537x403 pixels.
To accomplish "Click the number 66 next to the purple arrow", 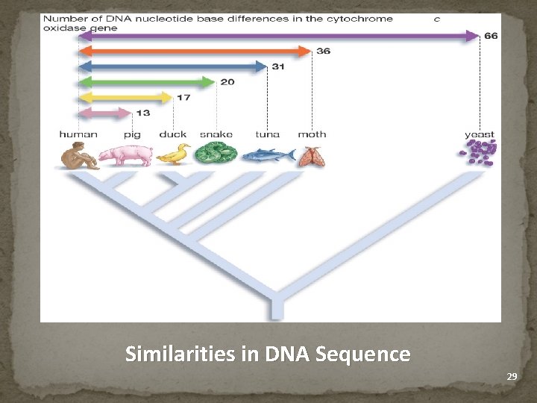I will pyautogui.click(x=491, y=35).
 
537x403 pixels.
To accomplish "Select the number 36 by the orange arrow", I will pyautogui.click(x=323, y=51).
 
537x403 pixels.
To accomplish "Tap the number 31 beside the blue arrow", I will pyautogui.click(x=278, y=66).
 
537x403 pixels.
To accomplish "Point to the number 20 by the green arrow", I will pyautogui.click(x=227, y=81).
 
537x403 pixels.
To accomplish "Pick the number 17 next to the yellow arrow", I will pyautogui.click(x=183, y=97).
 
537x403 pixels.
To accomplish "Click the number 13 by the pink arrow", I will pyautogui.click(x=142, y=113).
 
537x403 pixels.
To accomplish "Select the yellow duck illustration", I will pyautogui.click(x=174, y=154).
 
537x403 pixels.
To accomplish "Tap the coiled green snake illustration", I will pyautogui.click(x=216, y=154).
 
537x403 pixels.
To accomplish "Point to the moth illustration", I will pyautogui.click(x=311, y=155).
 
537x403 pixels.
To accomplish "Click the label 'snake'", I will pyautogui.click(x=216, y=134).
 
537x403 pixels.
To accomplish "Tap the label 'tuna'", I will pyautogui.click(x=267, y=134).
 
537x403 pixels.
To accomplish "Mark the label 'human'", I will pyautogui.click(x=78, y=134).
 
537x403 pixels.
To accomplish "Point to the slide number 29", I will pyautogui.click(x=512, y=377).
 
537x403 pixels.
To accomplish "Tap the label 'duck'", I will pyautogui.click(x=173, y=134).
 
